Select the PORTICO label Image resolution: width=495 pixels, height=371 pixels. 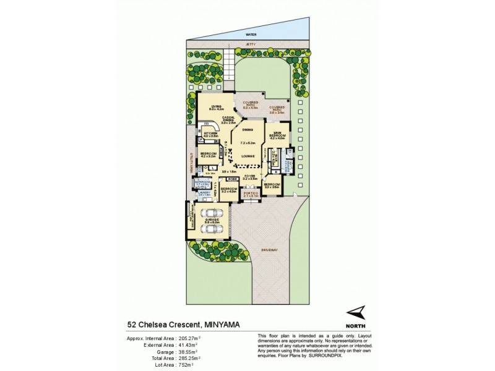[x=251, y=193]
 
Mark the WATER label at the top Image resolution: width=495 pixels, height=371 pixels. [x=250, y=35]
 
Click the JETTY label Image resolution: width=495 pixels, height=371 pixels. [x=250, y=46]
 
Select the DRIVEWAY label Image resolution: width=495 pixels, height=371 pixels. [x=267, y=249]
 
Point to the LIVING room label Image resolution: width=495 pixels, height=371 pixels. [x=216, y=106]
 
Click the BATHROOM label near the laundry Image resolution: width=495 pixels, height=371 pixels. [x=202, y=181]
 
